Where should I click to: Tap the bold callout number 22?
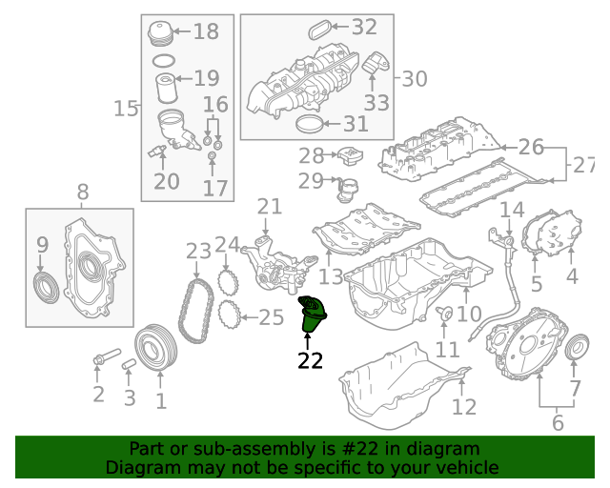[x=310, y=360]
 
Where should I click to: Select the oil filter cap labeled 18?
[x=160, y=33]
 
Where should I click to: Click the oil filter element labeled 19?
[x=167, y=89]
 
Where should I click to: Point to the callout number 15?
[x=126, y=109]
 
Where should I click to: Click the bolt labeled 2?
[x=107, y=356]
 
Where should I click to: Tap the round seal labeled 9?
[x=46, y=288]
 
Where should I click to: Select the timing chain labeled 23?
[x=196, y=312]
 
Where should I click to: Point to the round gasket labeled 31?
[x=309, y=124]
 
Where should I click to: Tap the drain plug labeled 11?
[x=444, y=314]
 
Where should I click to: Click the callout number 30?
[x=415, y=79]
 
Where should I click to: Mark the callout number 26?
[x=531, y=147]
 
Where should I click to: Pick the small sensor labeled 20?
[x=157, y=151]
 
